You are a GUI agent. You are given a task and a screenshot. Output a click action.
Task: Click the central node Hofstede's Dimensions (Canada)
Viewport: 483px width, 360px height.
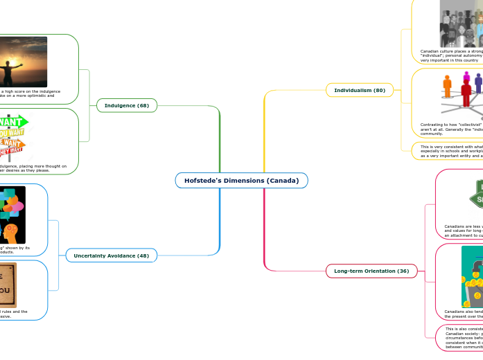[241, 181]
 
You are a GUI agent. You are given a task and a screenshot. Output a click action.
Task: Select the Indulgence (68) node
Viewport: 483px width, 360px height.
[127, 105]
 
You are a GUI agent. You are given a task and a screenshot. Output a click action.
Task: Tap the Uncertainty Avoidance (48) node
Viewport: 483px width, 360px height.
[112, 256]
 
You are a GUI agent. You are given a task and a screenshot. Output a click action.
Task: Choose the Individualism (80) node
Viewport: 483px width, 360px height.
[360, 90]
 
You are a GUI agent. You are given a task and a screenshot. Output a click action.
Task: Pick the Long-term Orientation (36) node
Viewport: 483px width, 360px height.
[371, 271]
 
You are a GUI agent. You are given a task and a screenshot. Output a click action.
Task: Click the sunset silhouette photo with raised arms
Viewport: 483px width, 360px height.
[24, 62]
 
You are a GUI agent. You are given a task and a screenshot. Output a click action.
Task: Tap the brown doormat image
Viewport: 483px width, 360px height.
[8, 284]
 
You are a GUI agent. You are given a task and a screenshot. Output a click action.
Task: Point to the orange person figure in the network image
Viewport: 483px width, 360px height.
[448, 87]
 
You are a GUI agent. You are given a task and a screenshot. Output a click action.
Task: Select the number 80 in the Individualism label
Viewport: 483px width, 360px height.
[380, 90]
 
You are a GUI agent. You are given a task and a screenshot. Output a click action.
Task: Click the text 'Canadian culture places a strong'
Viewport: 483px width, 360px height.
[451, 51]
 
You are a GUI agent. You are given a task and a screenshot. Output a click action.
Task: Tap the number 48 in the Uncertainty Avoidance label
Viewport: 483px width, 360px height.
[143, 256]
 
